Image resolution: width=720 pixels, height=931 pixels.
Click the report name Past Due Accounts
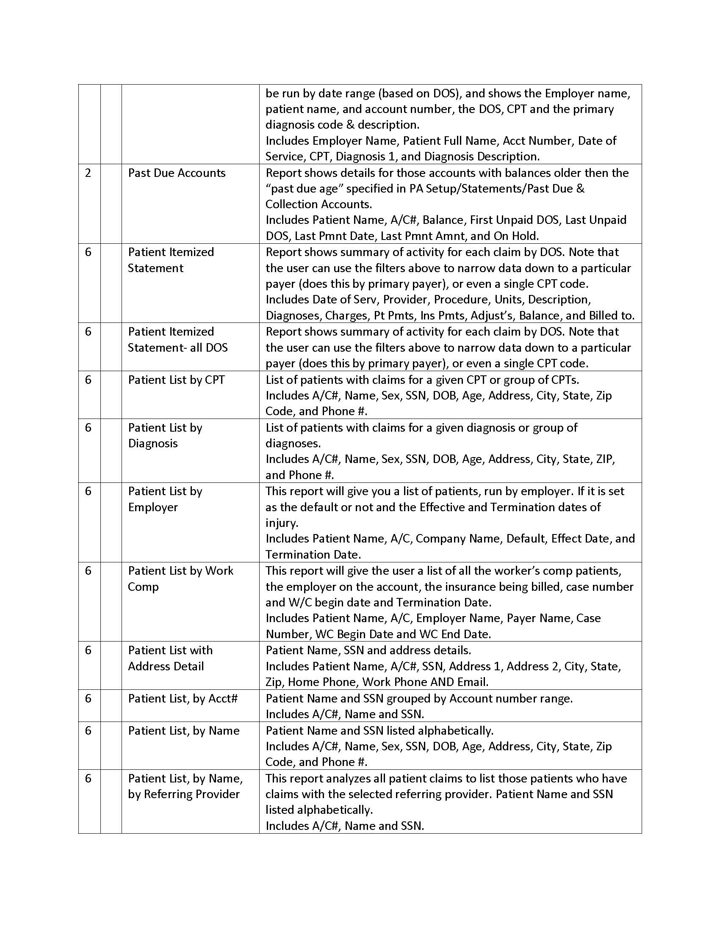pyautogui.click(x=177, y=173)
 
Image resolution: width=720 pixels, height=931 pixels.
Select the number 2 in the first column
pyautogui.click(x=88, y=173)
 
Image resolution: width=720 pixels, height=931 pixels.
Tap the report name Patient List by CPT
pyautogui.click(x=176, y=380)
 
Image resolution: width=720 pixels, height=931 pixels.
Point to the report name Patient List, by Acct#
pyautogui.click(x=183, y=698)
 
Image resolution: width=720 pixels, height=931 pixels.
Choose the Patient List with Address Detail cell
pyautogui.click(x=170, y=658)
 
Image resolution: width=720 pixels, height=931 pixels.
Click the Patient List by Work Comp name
pyautogui.click(x=180, y=578)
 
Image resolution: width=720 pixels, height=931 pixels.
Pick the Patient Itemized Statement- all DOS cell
pyautogui.click(x=177, y=339)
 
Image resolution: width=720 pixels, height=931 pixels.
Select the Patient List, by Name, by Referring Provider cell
pyautogui.click(x=185, y=786)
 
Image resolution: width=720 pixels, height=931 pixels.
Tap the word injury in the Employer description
pyautogui.click(x=281, y=523)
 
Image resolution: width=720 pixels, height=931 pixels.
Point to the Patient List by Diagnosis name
pyautogui.click(x=165, y=435)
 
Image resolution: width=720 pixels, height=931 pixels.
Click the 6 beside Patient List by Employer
pyautogui.click(x=88, y=491)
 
